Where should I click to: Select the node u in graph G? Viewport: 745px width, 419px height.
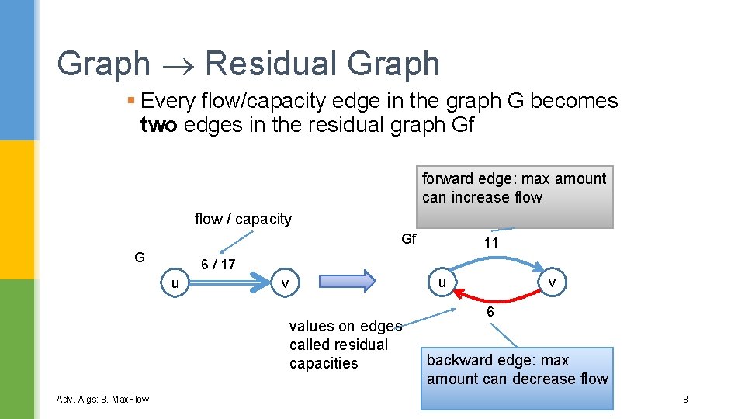(175, 283)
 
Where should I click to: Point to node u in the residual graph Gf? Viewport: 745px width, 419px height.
(442, 282)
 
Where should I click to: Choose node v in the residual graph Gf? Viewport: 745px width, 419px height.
(551, 282)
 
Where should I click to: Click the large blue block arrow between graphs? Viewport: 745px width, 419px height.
(343, 281)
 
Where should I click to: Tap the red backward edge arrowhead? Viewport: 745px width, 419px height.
(459, 293)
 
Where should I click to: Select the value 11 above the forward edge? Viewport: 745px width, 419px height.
(490, 243)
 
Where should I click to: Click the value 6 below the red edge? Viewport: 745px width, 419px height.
(490, 312)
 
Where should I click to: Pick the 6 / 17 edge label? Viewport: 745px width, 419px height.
(218, 264)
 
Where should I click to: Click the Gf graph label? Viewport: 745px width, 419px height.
(409, 239)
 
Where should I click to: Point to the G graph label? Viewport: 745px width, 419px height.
(139, 257)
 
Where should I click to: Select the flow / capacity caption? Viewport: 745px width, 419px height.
(243, 219)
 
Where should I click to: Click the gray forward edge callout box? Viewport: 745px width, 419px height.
(516, 196)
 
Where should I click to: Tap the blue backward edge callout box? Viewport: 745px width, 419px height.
(517, 377)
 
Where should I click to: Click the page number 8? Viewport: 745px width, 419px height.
(685, 399)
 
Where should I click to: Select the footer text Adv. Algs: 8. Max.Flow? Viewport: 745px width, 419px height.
(103, 399)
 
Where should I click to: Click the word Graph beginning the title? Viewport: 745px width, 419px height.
(103, 64)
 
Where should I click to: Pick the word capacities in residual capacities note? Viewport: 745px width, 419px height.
(324, 363)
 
